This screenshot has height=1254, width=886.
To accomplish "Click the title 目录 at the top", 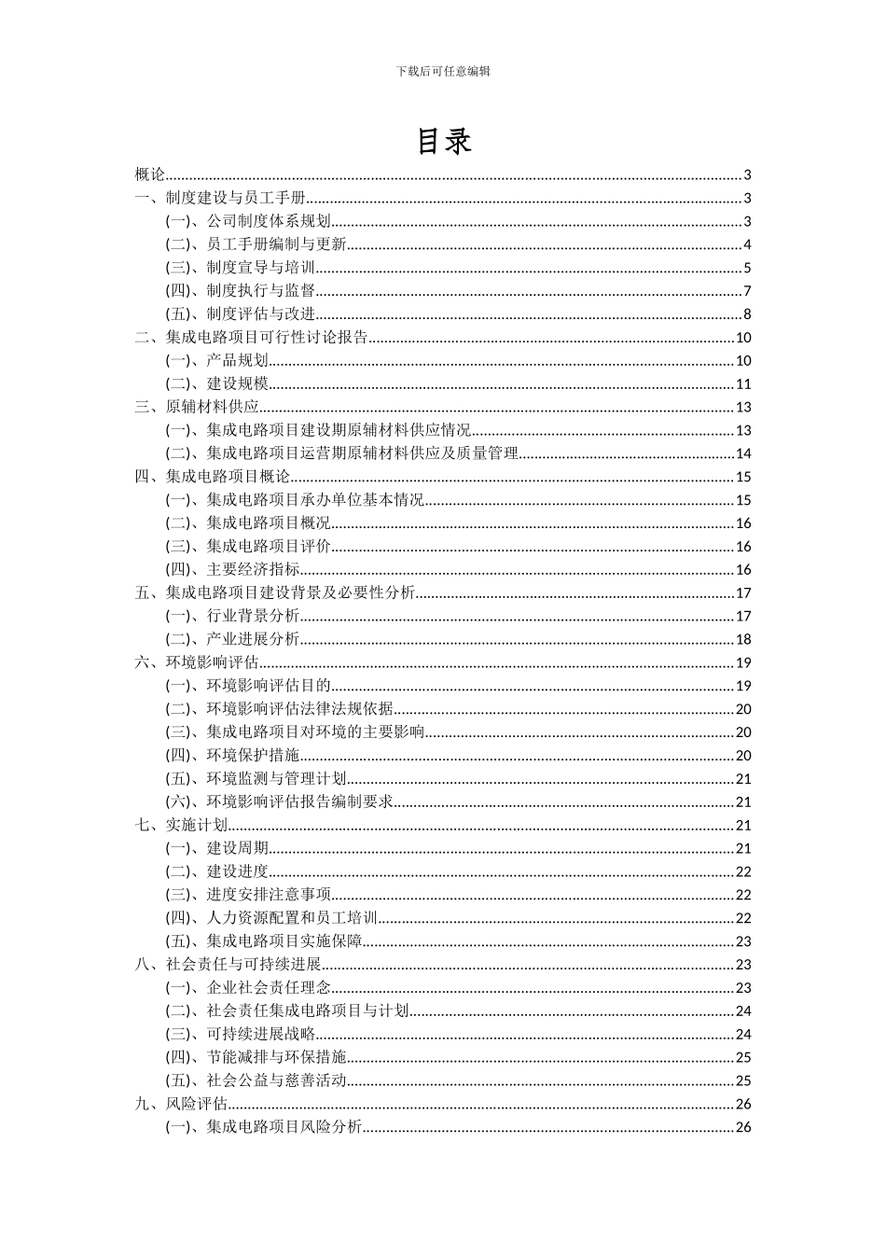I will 443,141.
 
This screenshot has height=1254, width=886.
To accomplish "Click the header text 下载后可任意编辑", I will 443,71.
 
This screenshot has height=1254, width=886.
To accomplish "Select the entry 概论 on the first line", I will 149,174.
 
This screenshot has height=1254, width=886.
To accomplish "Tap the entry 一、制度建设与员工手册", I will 220,198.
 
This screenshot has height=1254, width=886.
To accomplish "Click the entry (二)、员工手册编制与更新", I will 256,244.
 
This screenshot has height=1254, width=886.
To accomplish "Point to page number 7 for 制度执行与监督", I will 747,291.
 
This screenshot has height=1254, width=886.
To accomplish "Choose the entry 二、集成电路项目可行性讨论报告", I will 251,338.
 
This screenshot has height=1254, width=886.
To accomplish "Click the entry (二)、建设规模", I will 216,383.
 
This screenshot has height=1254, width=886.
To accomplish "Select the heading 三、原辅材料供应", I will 196,407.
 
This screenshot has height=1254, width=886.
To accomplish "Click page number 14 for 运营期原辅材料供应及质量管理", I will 743,453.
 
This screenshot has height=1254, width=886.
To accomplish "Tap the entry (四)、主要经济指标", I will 232,569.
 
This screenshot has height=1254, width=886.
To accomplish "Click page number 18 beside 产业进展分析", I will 743,639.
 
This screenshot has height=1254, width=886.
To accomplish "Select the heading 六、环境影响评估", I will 196,662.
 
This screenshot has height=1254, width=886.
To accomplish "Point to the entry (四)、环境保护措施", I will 232,755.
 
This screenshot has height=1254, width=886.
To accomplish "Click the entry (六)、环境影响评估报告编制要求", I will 279,801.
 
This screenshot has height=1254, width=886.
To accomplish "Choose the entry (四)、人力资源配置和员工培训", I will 271,917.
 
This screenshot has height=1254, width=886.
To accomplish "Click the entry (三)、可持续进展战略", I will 240,1034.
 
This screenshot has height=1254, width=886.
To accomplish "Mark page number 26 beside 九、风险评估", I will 743,1104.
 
